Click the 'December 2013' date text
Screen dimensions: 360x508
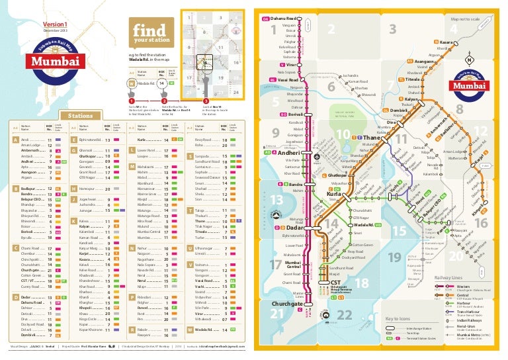[56, 31]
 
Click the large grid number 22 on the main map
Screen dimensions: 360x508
[343, 314]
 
